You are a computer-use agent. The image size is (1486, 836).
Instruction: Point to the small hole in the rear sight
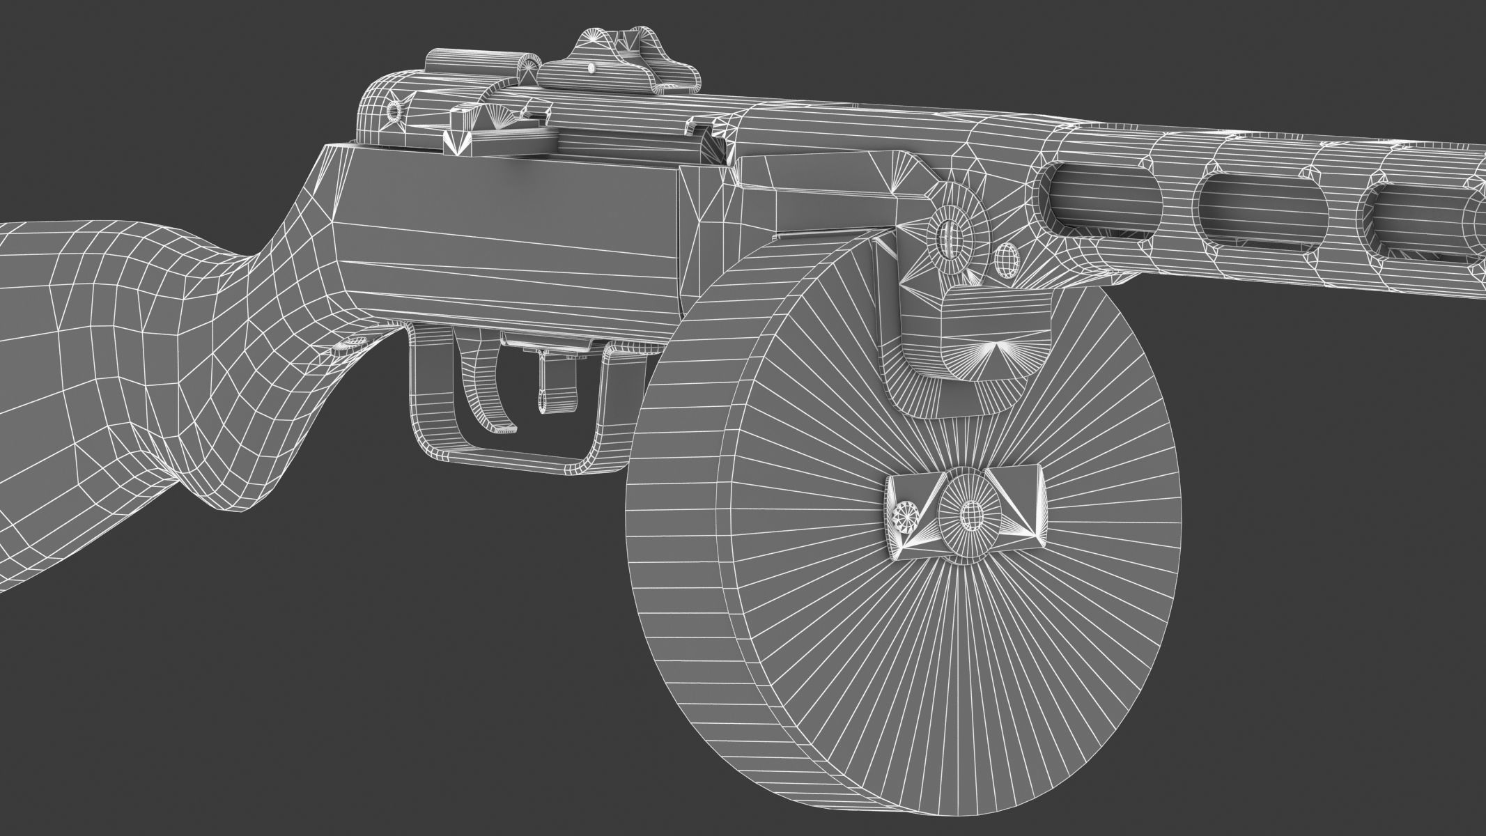click(591, 68)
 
